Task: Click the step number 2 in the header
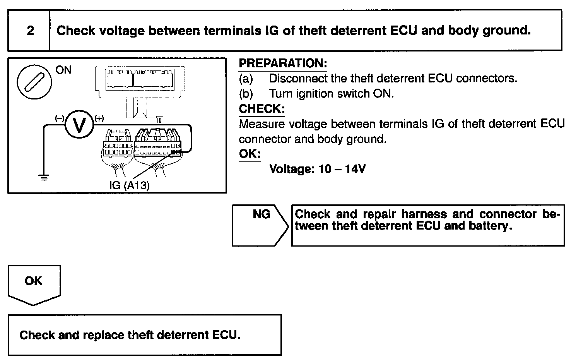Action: click(x=30, y=31)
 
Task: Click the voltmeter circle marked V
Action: click(x=79, y=125)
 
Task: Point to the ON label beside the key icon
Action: click(x=63, y=70)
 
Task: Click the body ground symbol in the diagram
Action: click(x=44, y=178)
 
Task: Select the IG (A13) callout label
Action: click(x=129, y=185)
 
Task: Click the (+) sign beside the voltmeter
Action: click(x=99, y=118)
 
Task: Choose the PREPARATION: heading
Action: click(x=283, y=63)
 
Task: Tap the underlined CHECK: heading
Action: click(x=262, y=109)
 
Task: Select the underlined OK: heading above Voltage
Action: click(x=250, y=154)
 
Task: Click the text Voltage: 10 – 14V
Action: click(x=317, y=169)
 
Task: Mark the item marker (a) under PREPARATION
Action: click(x=246, y=79)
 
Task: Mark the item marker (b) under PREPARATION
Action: click(x=246, y=94)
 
